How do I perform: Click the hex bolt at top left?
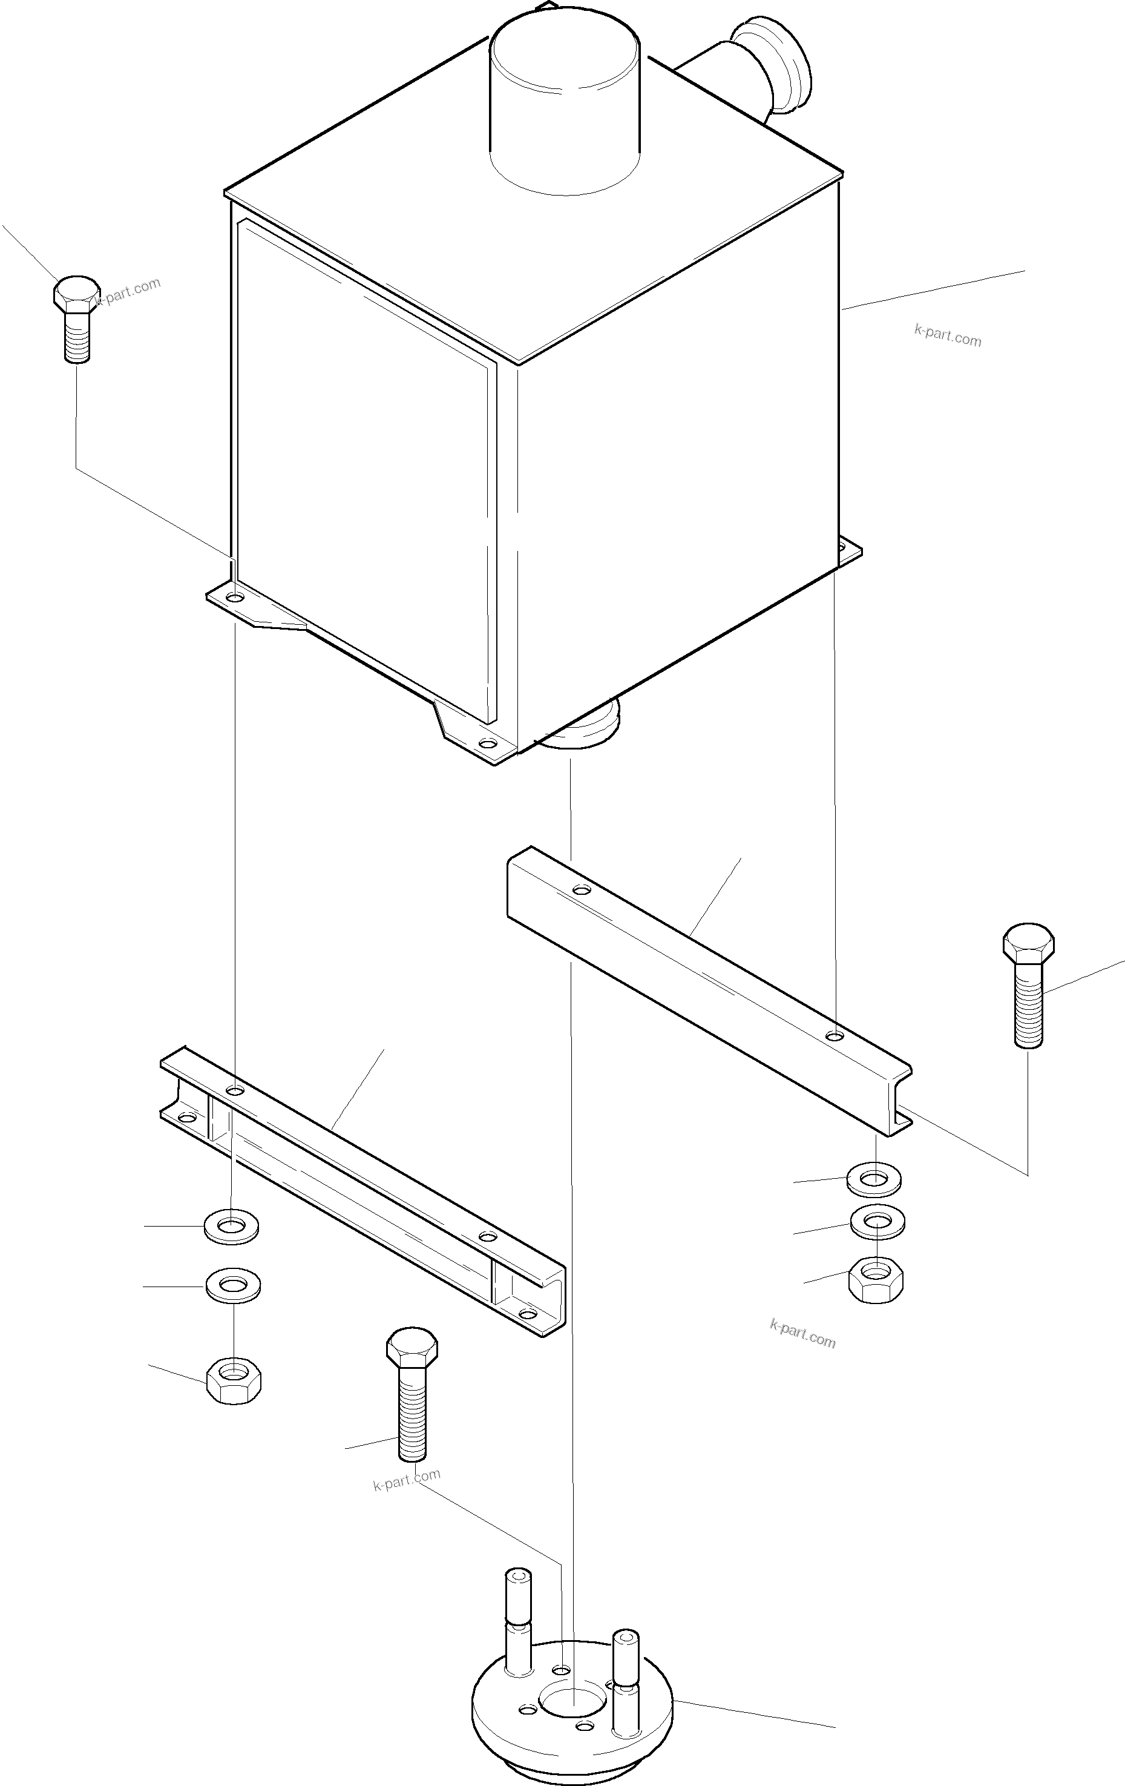pyautogui.click(x=76, y=318)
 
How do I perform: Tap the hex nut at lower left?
pyautogui.click(x=234, y=1380)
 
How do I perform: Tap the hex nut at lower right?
pyautogui.click(x=875, y=1279)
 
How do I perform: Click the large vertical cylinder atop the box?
pyautogui.click(x=565, y=104)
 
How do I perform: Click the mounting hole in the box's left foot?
pyautogui.click(x=234, y=597)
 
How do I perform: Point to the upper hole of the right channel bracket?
pyautogui.click(x=582, y=889)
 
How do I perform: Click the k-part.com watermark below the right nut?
pyautogui.click(x=802, y=1334)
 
